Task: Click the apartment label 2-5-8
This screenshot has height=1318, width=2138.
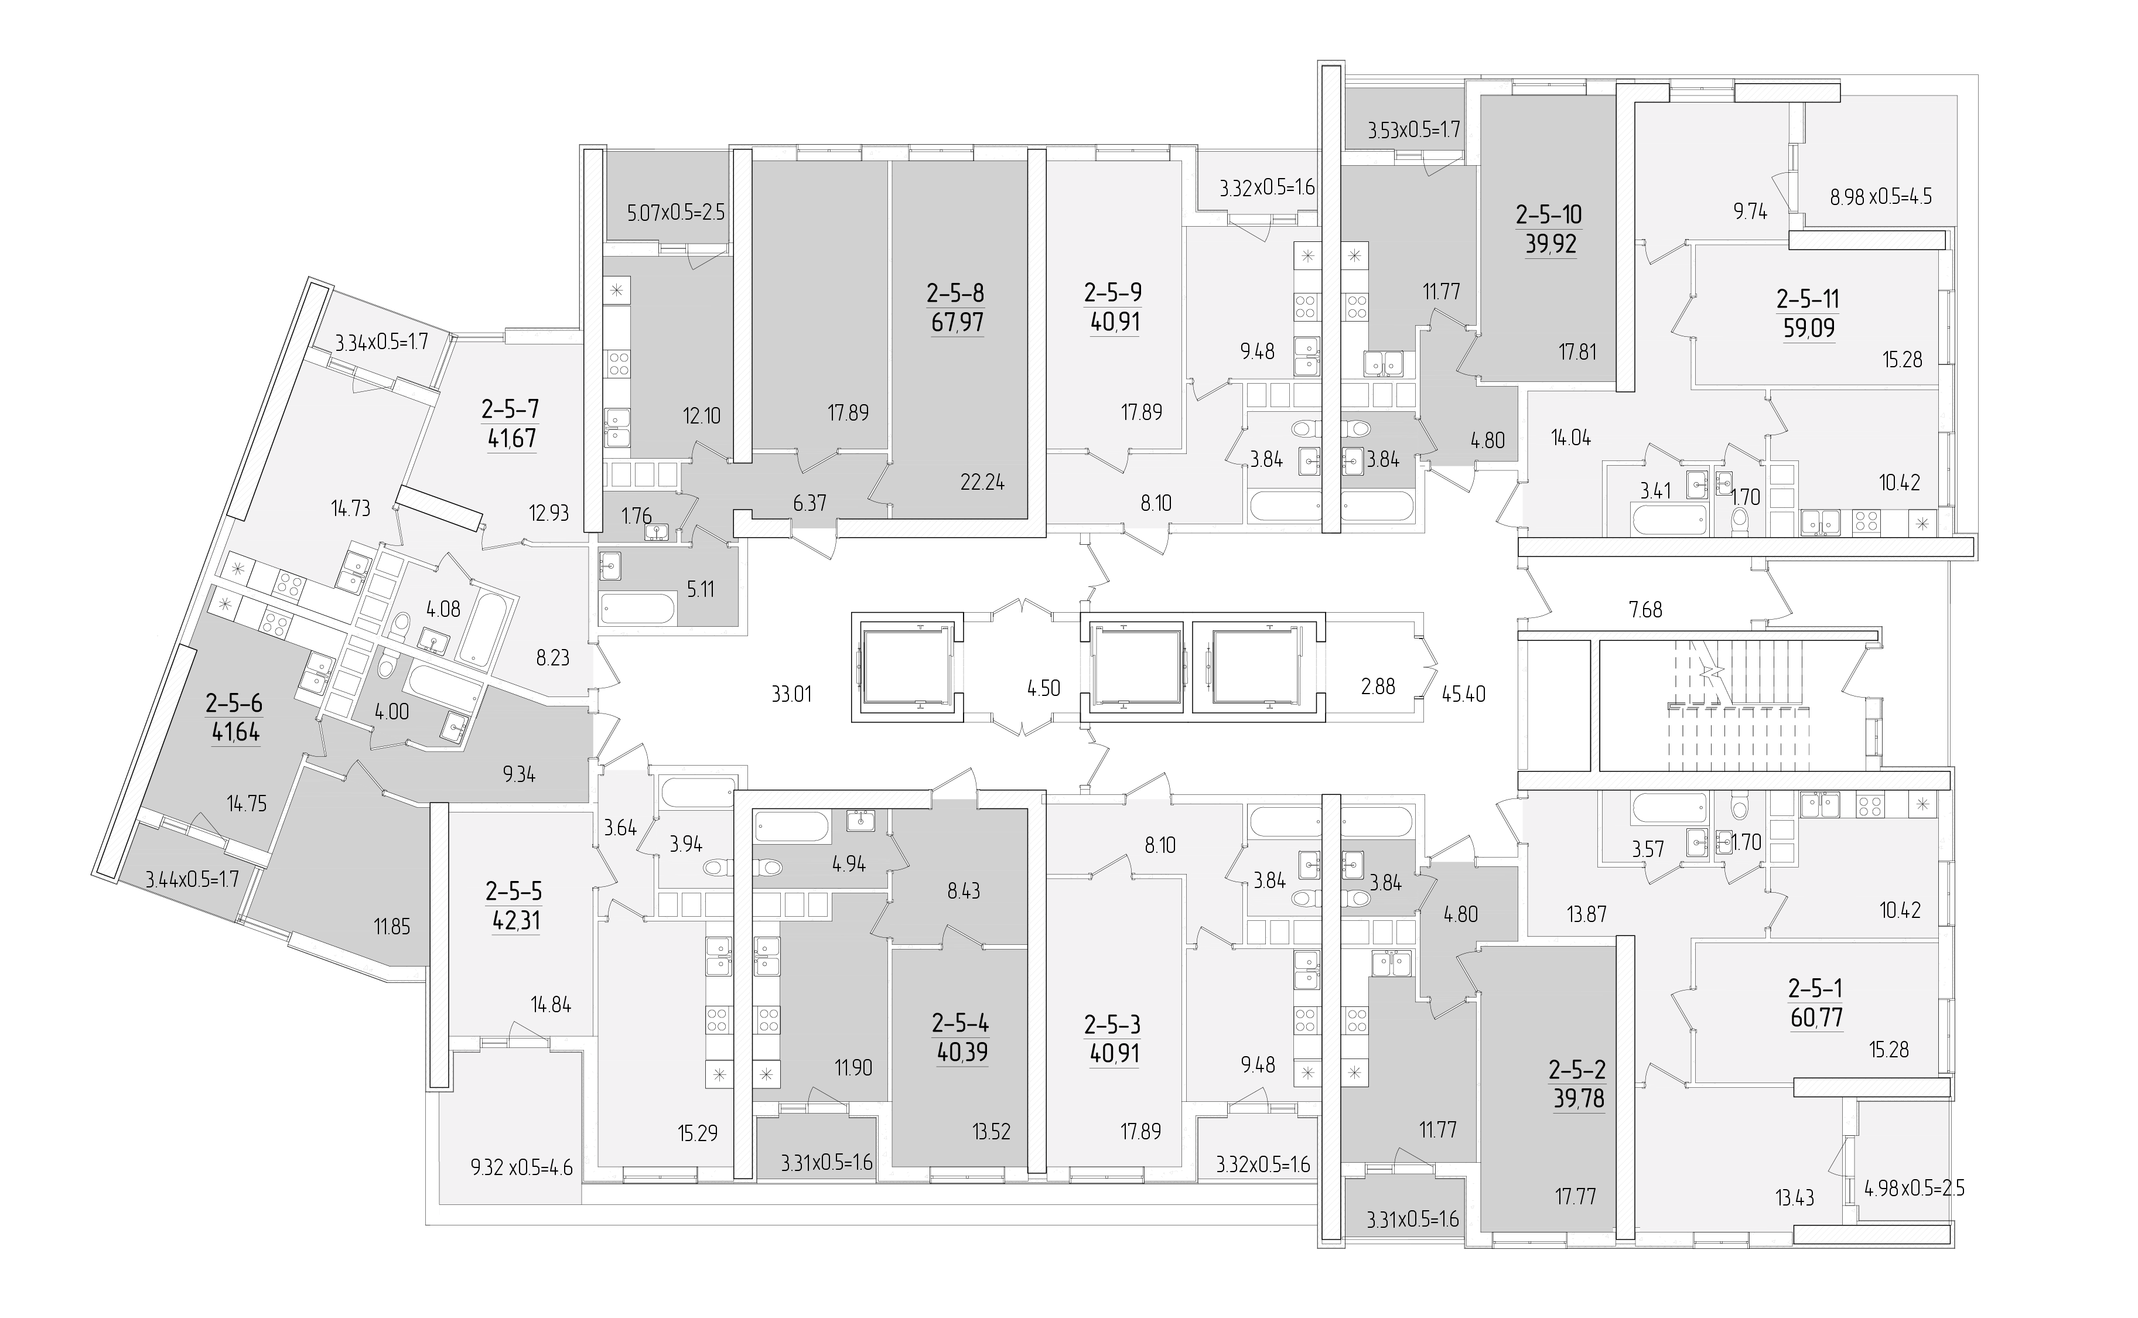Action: [956, 293]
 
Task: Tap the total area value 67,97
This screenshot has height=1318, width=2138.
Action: [956, 323]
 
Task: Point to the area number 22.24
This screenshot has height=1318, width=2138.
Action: [982, 482]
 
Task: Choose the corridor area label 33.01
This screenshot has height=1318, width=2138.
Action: [791, 695]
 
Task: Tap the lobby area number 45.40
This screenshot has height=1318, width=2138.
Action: [1463, 695]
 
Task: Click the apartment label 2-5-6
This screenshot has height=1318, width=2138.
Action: [234, 702]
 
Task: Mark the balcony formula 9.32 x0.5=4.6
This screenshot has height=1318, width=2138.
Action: [521, 1167]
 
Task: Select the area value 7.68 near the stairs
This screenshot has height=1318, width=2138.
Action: [1645, 609]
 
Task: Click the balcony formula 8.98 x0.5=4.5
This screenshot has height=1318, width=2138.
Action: [1881, 196]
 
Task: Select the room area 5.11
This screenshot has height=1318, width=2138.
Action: [700, 589]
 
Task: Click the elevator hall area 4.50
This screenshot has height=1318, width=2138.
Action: [1043, 688]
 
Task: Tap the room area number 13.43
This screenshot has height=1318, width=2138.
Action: [1795, 1199]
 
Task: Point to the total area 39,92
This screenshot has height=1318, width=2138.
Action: [1550, 244]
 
